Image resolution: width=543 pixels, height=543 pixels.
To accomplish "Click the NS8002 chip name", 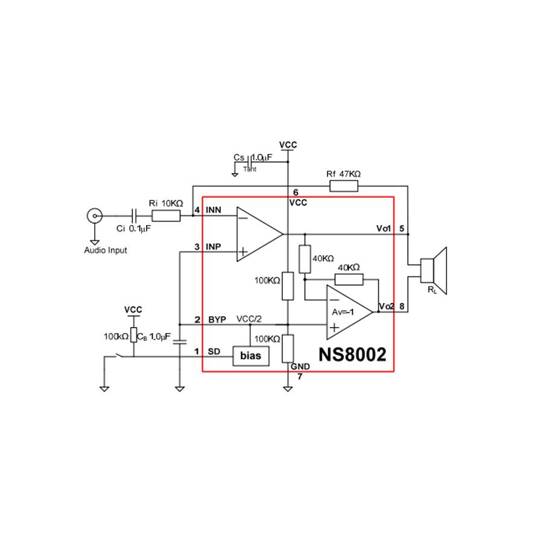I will (x=352, y=354).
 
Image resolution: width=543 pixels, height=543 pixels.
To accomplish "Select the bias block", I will (x=250, y=356).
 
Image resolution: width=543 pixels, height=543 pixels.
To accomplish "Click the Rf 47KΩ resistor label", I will (x=343, y=174).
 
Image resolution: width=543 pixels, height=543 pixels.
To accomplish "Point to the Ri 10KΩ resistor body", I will (x=166, y=215).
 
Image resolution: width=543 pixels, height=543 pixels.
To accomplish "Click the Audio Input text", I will (x=106, y=250).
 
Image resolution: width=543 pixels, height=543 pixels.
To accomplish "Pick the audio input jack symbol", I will (x=94, y=215).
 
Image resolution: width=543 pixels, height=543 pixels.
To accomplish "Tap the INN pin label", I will (x=214, y=210).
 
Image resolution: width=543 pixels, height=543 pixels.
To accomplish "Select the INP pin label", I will (x=214, y=247).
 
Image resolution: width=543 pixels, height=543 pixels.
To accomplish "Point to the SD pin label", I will (x=213, y=351).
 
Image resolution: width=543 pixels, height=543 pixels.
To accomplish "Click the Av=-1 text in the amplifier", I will (x=344, y=311).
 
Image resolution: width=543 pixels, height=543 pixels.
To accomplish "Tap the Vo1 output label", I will (x=384, y=228).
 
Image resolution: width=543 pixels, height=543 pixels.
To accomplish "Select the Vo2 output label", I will (x=386, y=307).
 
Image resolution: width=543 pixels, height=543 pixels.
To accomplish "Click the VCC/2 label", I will (x=249, y=319).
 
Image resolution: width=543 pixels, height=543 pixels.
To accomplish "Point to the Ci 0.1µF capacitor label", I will (x=133, y=229).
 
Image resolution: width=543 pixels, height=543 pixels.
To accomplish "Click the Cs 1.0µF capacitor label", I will (x=253, y=157).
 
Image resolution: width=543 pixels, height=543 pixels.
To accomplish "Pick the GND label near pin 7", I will (x=299, y=366).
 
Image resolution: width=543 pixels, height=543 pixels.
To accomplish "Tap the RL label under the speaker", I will (x=432, y=291).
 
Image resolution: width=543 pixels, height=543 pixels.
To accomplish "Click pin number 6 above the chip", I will (x=296, y=192).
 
